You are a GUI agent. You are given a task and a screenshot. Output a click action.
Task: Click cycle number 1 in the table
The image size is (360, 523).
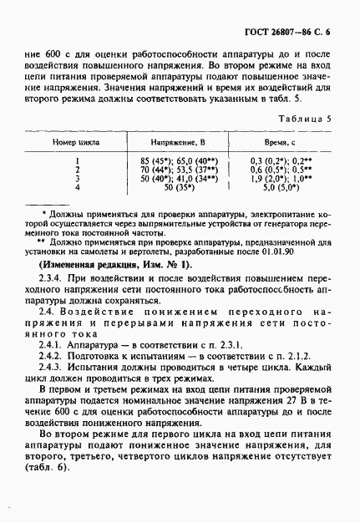[x=76, y=159]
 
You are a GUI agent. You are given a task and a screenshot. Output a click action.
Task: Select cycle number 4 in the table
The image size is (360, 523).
[x=76, y=187]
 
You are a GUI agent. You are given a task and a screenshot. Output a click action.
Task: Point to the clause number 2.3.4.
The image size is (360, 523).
[x=53, y=282]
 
